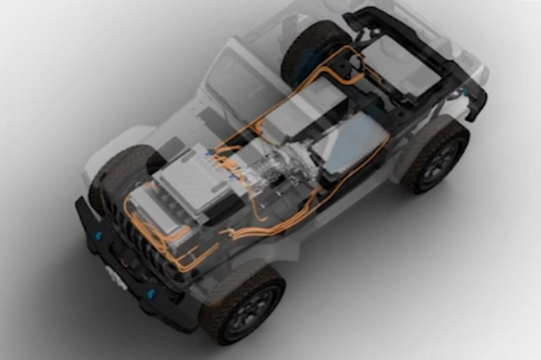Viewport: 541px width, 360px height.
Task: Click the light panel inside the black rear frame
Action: tap(401, 63)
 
